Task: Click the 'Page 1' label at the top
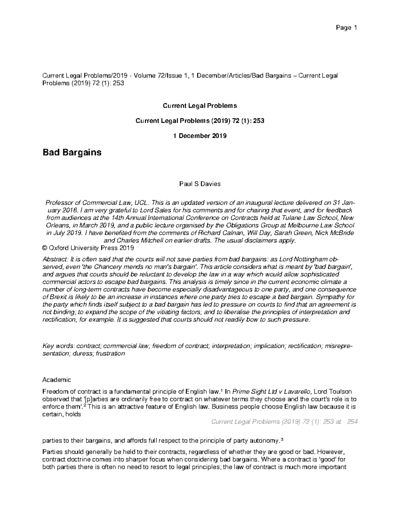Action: (x=346, y=28)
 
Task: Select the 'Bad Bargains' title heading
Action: (x=72, y=152)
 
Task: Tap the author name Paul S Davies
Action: (x=200, y=184)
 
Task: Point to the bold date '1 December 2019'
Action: (x=200, y=136)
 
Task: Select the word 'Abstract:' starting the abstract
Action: (x=55, y=260)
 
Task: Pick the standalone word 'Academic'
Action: (x=57, y=380)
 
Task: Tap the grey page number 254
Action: (x=352, y=422)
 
